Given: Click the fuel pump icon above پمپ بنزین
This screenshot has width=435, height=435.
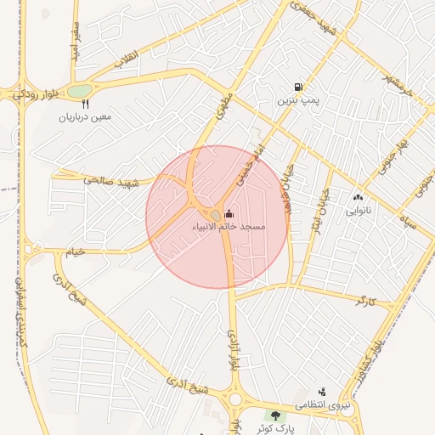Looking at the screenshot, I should tap(297, 88).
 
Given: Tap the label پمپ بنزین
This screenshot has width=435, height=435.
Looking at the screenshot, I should tap(297, 100).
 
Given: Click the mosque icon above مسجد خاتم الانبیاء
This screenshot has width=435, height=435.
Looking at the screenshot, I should tap(229, 214).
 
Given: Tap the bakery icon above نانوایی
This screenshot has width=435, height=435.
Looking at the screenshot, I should tap(357, 197).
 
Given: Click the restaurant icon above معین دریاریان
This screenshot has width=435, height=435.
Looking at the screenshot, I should tap(85, 104).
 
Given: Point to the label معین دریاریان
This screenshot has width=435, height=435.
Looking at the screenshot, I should tap(85, 117).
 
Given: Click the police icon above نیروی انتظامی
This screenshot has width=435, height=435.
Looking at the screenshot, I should tap(322, 393).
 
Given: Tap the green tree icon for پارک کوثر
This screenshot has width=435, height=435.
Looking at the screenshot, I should tap(275, 415).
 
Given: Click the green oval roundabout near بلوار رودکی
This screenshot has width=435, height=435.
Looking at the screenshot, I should tap(79, 90).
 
